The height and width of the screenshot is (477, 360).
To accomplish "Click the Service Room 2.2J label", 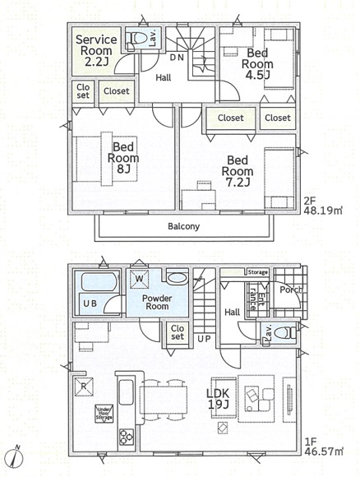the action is coord(96,50).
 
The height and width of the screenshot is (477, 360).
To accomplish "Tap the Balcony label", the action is coord(184,226).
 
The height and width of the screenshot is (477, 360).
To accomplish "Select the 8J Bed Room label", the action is coord(123,158).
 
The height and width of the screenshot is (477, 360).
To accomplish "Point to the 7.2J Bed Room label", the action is coord(238,171).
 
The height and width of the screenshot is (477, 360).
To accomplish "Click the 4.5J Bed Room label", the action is coord(257,63).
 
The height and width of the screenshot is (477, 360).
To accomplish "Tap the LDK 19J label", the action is coord(218,399).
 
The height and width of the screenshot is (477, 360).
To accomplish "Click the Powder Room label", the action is coord(157,302).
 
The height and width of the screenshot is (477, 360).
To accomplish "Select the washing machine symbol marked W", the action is coord(139,279).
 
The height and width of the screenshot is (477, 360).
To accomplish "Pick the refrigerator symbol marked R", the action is coord(84,387).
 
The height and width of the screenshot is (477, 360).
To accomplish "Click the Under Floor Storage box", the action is coord(104,414).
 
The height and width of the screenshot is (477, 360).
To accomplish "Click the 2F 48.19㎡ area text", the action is coord(323,206).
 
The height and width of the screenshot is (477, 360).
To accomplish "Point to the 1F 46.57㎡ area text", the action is coord(324,446).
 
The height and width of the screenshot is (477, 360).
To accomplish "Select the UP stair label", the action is coord(204,339).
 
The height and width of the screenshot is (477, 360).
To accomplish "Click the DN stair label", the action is coord(177,58).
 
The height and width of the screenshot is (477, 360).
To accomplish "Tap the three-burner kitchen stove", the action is coord(127,438).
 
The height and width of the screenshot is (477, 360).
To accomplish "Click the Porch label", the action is coord(291,289).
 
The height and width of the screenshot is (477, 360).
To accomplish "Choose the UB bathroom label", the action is coord(90,303).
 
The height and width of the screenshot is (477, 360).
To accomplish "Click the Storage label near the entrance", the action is coord(257,272).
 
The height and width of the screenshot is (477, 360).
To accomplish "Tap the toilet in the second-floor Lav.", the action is coord(136,39).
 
